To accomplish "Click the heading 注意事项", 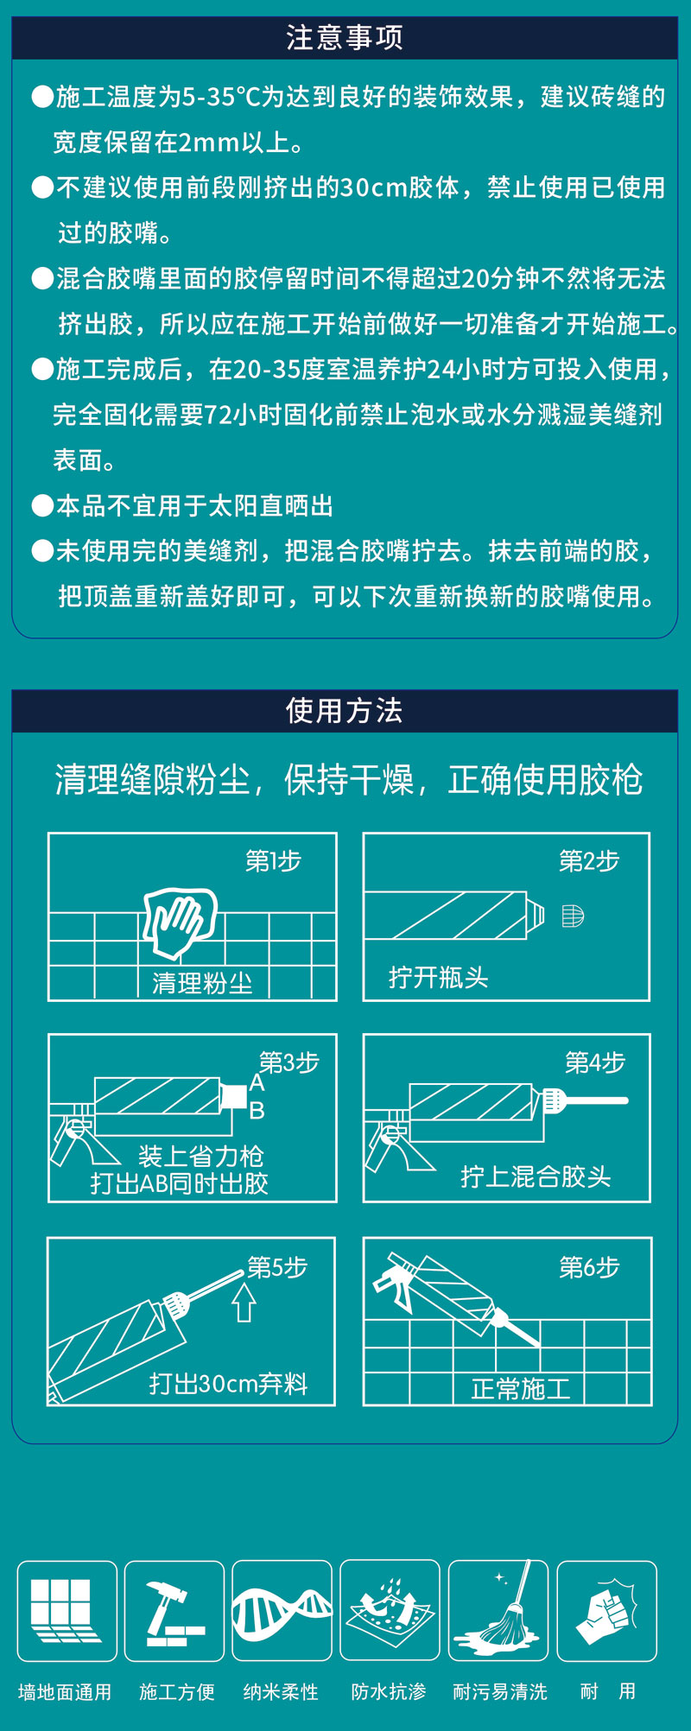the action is (345, 37).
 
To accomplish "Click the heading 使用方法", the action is (345, 710).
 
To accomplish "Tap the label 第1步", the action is (273, 861).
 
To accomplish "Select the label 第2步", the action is (589, 861).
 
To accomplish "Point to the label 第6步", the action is (589, 1267).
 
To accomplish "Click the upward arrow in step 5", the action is (244, 1303).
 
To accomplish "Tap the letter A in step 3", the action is (257, 1083).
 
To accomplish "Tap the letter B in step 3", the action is (257, 1111).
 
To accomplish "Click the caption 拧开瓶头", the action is (439, 977).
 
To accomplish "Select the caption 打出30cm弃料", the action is (228, 1384).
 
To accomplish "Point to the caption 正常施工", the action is (521, 1389).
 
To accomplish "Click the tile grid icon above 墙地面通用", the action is (65, 1611).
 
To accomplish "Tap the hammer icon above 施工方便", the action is (174, 1612).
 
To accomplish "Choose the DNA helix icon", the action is (282, 1612).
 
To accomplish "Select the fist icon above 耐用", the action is (607, 1612).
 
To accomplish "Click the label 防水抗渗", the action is (389, 1691).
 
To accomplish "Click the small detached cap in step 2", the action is (573, 916).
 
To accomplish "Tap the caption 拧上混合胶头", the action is (536, 1176).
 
